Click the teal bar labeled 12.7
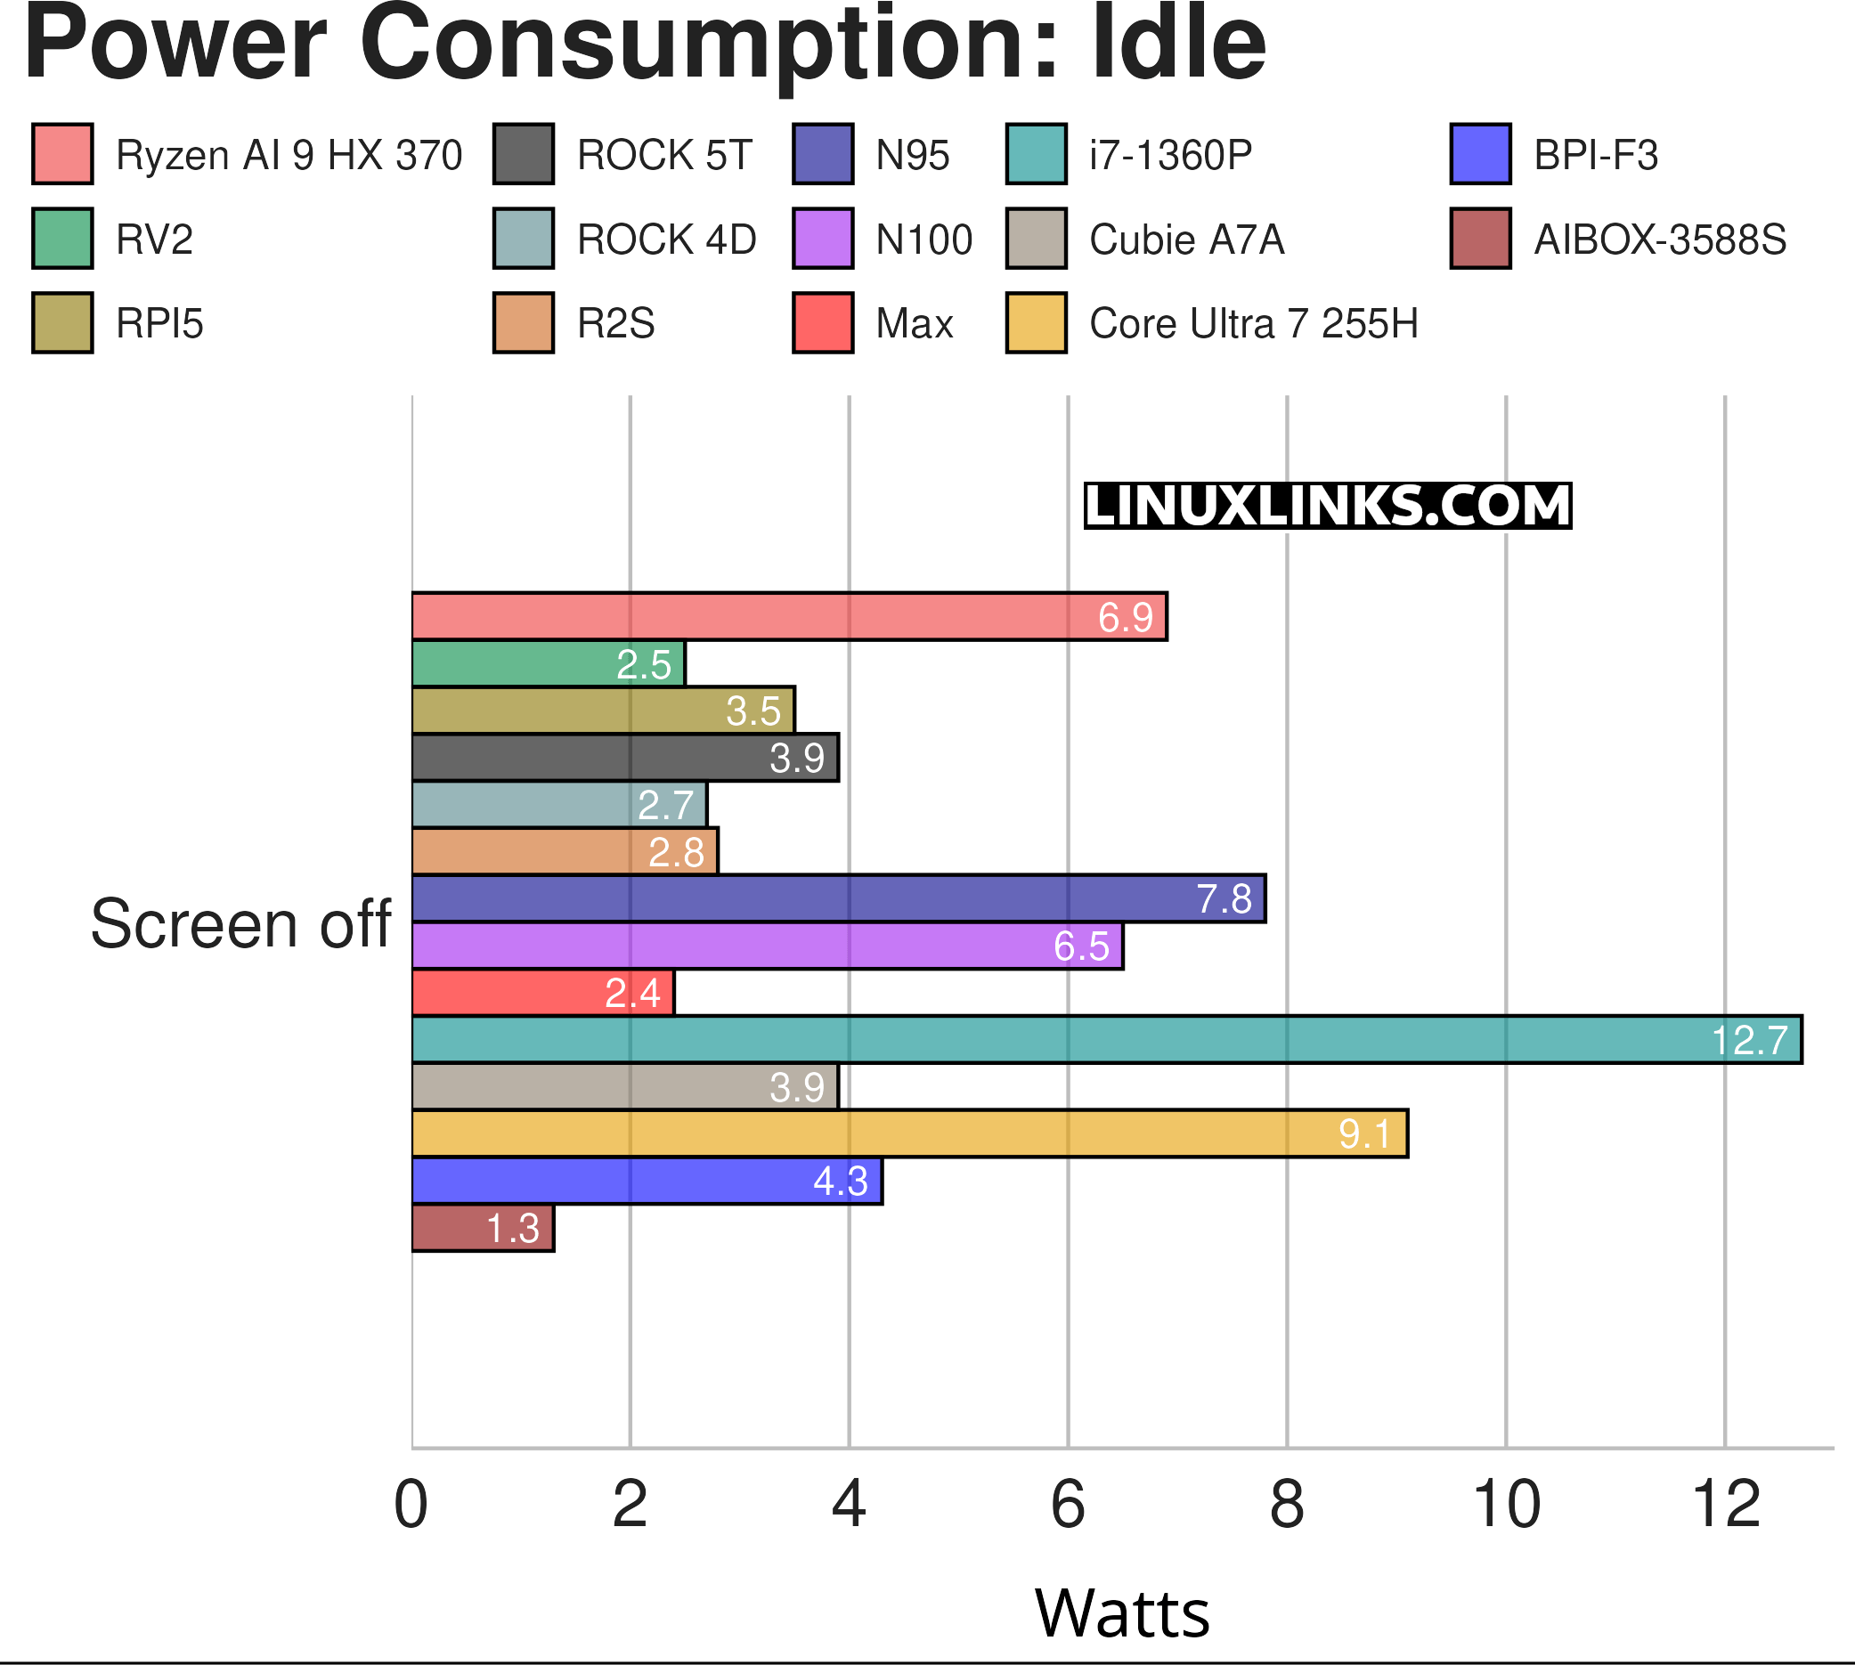point(1106,1039)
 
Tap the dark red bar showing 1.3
point(483,1228)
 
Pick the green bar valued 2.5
point(549,663)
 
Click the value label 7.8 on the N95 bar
point(1224,898)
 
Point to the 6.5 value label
point(1081,946)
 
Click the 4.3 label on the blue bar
point(840,1181)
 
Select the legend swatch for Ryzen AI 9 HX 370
point(62,154)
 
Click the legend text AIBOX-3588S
point(1659,240)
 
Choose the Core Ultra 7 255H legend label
point(1253,324)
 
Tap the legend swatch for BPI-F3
point(1480,154)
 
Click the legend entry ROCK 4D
point(666,240)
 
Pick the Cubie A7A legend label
point(1186,240)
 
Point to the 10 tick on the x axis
point(1505,1505)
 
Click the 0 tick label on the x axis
point(411,1505)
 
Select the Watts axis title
point(1122,1612)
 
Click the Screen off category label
point(240,924)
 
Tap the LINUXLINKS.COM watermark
point(1327,506)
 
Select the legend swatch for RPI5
point(62,323)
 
